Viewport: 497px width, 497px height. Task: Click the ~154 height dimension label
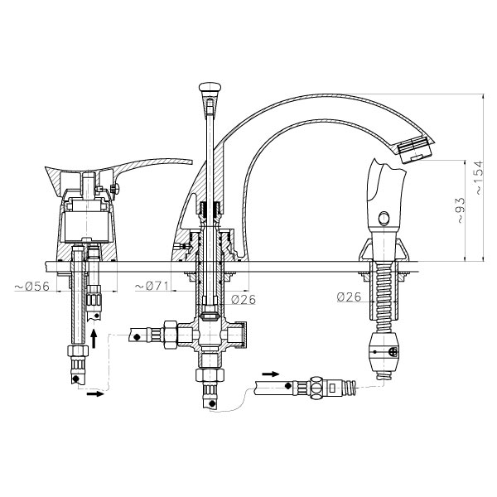tap(479, 177)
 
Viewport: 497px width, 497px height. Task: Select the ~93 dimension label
tap(461, 210)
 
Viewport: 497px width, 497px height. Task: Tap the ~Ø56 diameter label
tap(32, 287)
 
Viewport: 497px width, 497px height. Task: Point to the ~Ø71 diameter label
tap(152, 287)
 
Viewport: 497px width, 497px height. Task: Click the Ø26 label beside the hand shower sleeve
tap(350, 297)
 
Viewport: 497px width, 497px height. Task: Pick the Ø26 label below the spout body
tap(244, 300)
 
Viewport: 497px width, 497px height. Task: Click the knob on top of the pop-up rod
tap(210, 87)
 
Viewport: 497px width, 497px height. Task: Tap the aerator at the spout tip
tap(416, 148)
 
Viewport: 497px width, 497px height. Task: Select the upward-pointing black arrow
tap(94, 339)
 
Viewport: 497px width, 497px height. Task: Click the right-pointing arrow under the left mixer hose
tap(95, 393)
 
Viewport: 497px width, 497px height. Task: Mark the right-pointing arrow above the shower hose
tap(271, 374)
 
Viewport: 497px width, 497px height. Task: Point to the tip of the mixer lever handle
tap(192, 162)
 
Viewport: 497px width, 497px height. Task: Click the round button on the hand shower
tap(384, 219)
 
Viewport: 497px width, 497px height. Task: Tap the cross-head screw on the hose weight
tap(393, 352)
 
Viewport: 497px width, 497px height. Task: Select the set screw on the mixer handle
tap(115, 189)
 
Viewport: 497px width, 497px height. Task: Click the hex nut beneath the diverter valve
tap(210, 374)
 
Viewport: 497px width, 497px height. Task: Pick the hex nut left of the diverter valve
tap(170, 335)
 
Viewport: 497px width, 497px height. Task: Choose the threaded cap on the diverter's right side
tap(243, 335)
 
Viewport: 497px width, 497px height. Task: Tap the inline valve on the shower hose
tap(317, 388)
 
